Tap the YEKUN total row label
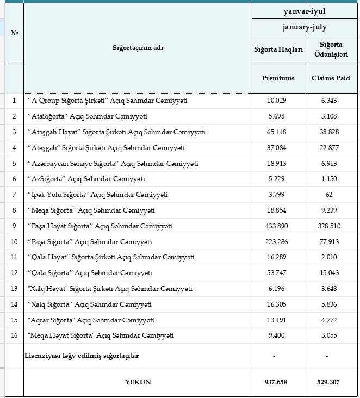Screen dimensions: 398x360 coord(138,382)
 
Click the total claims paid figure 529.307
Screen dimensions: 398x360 coord(328,382)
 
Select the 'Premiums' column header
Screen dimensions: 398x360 coord(278,78)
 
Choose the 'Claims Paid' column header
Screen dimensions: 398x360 coord(331,78)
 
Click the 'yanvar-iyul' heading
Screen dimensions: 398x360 coord(305,10)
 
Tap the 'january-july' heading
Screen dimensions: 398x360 coord(305,27)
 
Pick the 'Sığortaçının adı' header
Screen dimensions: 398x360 coord(138,48)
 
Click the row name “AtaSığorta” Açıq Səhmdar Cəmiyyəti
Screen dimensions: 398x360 coord(87,116)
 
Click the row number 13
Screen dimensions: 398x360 coord(14,289)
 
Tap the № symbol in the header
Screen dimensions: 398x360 coord(14,33)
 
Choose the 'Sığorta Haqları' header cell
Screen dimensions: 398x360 coord(278,49)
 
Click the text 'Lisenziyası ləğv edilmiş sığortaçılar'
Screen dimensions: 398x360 coord(82,356)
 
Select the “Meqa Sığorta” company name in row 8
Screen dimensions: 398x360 coord(91,210)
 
